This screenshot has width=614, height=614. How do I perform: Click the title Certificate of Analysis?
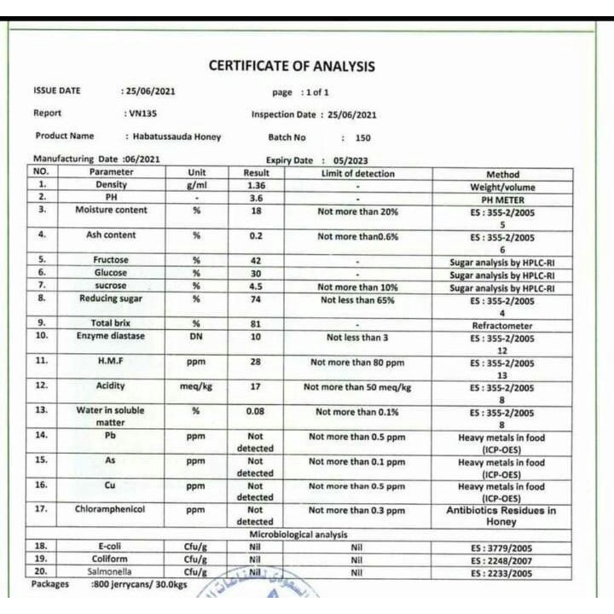[x=292, y=67]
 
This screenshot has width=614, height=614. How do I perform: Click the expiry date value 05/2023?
[x=350, y=160]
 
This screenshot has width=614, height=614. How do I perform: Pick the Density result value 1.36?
[x=255, y=185]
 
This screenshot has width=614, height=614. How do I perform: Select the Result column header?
[x=255, y=173]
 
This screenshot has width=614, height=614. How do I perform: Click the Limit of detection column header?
[x=357, y=173]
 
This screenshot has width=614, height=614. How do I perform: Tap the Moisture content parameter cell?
[x=111, y=210]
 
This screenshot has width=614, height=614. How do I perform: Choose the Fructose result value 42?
[x=255, y=260]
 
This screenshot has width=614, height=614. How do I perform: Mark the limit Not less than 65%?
[x=357, y=300]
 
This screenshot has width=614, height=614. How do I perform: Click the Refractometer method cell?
[x=502, y=326]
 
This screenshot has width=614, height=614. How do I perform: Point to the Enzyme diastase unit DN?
[x=196, y=337]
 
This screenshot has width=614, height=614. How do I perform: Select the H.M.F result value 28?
[x=255, y=362]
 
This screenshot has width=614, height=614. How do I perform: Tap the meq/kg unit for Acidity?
[x=196, y=387]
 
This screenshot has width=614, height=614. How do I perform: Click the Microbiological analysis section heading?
[x=298, y=535]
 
